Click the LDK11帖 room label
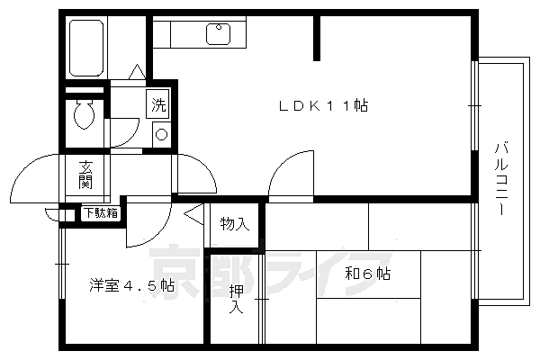[323, 105]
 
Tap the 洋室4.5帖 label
[132, 285]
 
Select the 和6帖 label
[368, 274]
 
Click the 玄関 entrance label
[85, 175]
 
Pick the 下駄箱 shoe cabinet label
[101, 213]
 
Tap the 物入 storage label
[235, 224]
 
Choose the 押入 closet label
[236, 299]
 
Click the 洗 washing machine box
[157, 104]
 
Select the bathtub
[86, 48]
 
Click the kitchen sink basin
[218, 34]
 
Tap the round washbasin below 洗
[161, 134]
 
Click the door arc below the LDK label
[282, 165]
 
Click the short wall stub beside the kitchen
[317, 38]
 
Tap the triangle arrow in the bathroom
[138, 72]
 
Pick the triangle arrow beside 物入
[193, 214]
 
